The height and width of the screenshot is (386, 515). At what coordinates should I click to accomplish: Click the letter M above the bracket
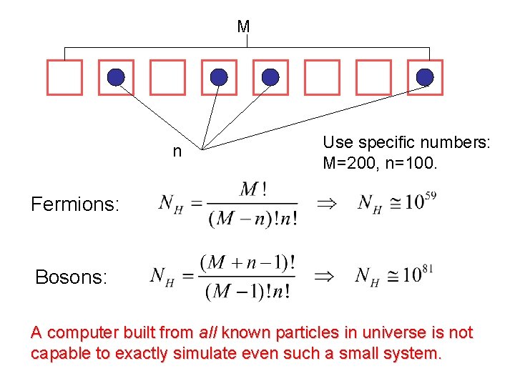coord(243,26)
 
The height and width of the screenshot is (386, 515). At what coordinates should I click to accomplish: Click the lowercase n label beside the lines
coord(177,152)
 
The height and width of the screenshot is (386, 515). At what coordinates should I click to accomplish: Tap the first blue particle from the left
coord(116,77)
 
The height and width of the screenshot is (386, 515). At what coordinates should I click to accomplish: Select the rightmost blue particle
coord(425,77)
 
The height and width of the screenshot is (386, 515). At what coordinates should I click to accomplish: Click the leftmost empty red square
coord(64,77)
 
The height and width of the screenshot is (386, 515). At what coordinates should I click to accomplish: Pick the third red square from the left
coord(167,77)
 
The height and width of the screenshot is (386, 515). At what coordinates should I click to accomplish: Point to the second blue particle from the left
coord(219,77)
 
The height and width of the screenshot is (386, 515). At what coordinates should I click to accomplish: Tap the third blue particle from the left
coord(270,77)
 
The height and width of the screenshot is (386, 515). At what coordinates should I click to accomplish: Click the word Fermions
coord(74,205)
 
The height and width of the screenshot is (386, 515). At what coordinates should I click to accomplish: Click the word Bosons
coord(72,277)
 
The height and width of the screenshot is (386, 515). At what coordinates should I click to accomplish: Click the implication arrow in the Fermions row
coord(325,204)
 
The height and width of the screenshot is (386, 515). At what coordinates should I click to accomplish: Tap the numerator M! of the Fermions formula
coord(254,189)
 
